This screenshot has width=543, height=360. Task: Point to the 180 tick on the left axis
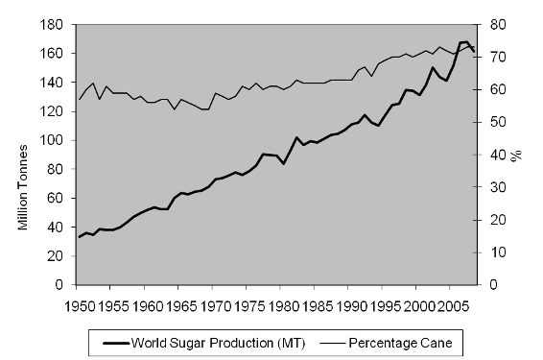[x=57, y=24]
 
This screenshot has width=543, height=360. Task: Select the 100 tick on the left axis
[x=57, y=140]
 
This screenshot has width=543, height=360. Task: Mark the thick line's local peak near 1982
[x=296, y=137]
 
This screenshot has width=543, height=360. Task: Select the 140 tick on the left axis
[x=57, y=83]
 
